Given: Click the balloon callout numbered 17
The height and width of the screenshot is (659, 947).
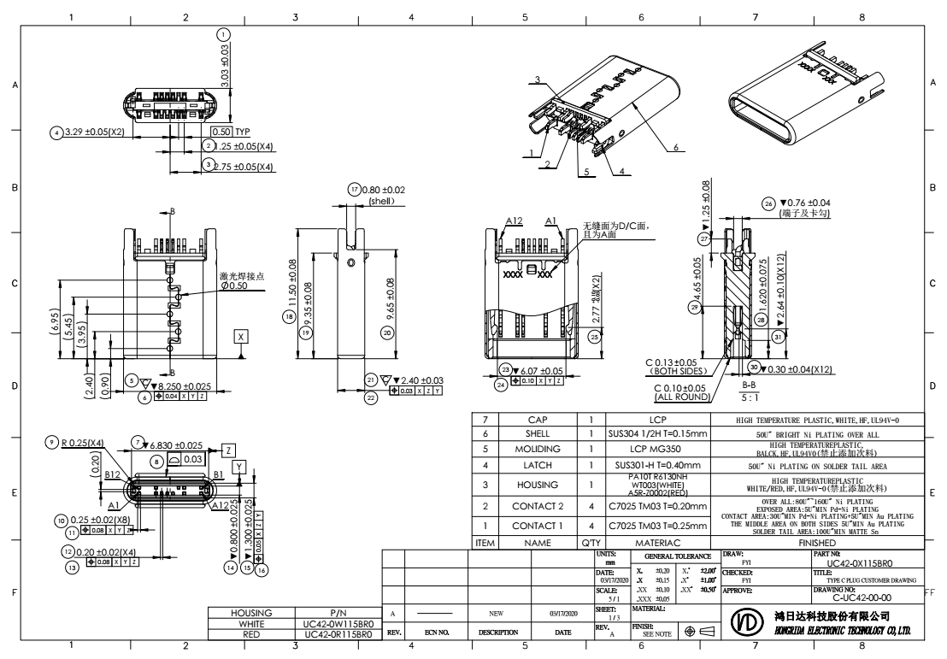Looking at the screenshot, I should point(354,188).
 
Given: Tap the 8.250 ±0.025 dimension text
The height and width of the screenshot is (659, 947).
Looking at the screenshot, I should point(175,386).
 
